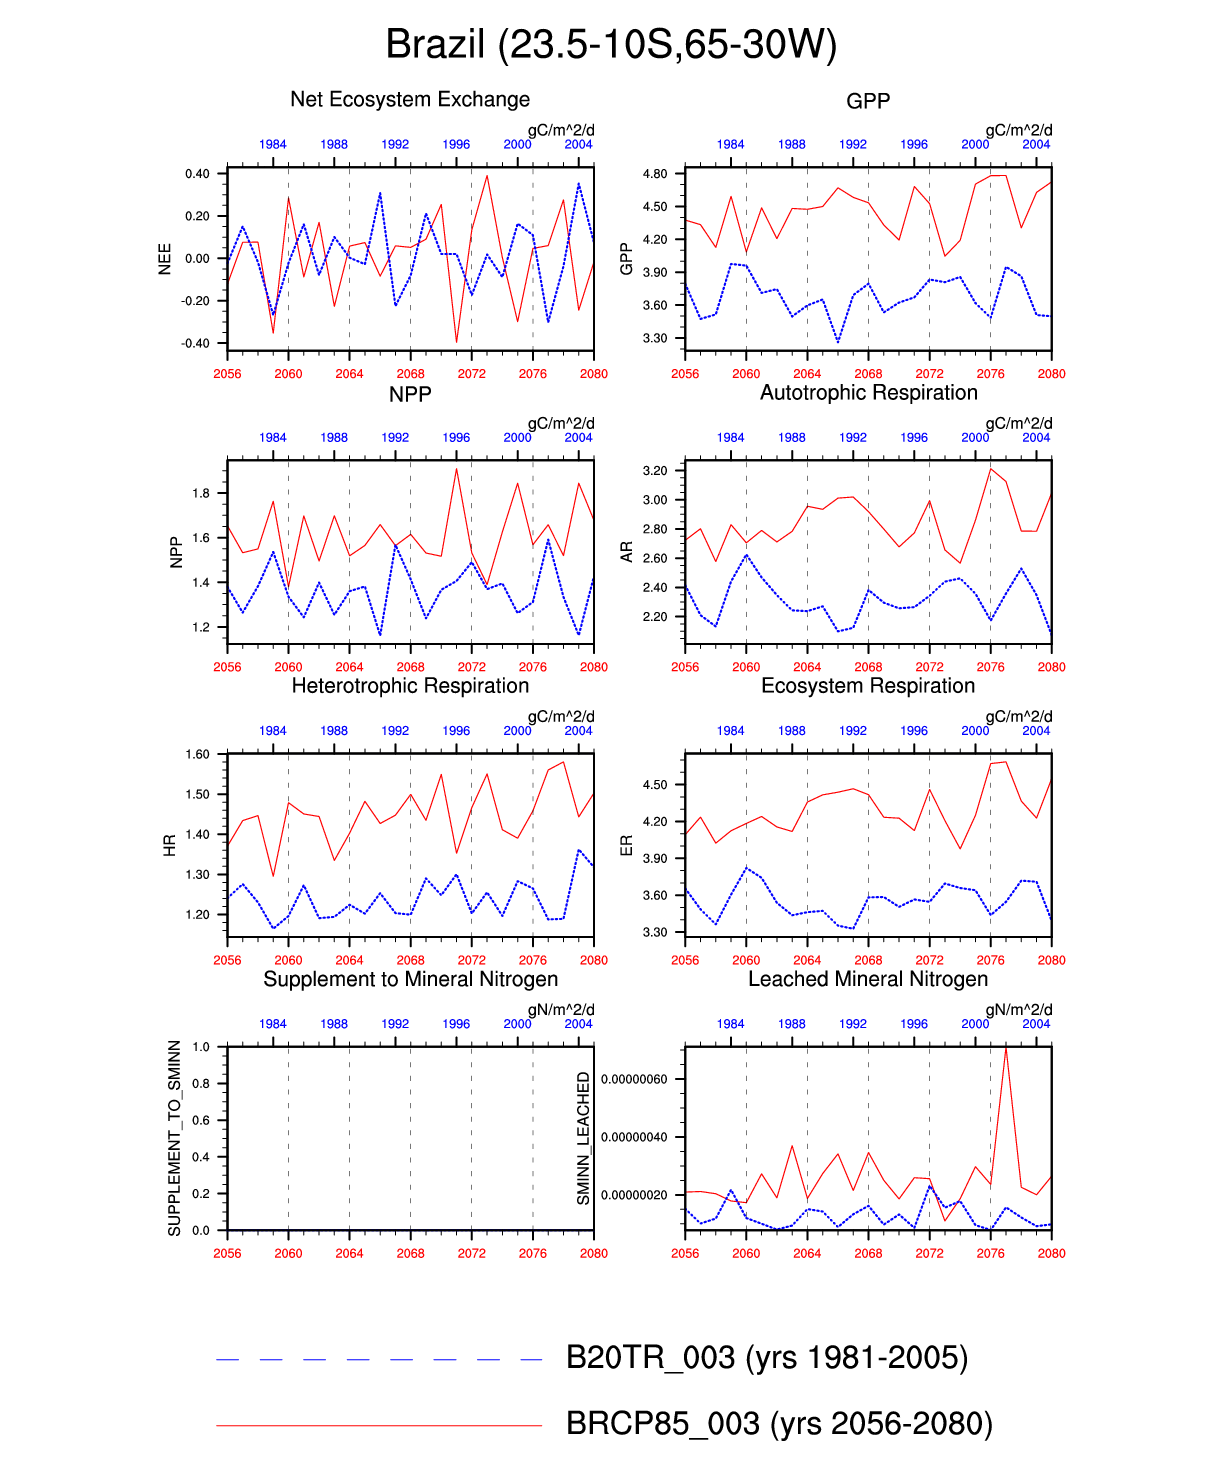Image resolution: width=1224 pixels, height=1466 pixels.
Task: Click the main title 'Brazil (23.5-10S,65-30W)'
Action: coord(611,45)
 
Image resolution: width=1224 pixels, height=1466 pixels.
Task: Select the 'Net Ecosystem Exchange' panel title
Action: coord(410,99)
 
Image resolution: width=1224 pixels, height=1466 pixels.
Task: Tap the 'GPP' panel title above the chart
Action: coord(868,101)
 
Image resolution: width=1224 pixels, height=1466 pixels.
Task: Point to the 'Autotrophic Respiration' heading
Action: coord(868,392)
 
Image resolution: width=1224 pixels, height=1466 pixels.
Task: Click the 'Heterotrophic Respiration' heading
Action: coord(410,685)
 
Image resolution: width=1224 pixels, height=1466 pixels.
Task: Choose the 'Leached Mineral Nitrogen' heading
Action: coord(868,978)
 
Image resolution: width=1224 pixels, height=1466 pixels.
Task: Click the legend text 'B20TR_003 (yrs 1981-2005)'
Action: coord(767,1357)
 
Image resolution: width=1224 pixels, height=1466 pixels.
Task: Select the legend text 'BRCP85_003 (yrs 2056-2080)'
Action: coord(779,1423)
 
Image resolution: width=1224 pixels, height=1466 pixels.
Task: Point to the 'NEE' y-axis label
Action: coord(165,258)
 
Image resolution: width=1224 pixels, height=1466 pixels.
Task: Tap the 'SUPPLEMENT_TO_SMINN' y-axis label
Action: coord(175,1138)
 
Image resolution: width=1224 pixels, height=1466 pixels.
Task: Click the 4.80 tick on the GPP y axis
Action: coord(655,174)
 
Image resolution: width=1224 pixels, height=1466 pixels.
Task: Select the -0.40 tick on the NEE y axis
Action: coord(196,343)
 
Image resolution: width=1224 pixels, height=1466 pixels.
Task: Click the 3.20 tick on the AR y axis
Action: coord(655,470)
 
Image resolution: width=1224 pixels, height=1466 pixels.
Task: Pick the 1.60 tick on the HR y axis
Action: coord(197,755)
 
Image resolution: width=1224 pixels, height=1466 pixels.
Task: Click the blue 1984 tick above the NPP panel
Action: coord(273,437)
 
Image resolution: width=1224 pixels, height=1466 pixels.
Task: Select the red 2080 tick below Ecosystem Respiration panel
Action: coord(1051,960)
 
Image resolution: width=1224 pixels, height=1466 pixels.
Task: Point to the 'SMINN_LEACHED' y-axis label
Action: coord(584,1138)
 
